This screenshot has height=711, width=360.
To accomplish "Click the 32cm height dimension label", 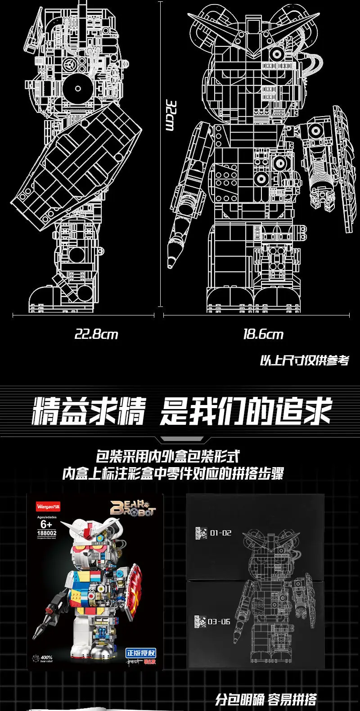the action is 170,115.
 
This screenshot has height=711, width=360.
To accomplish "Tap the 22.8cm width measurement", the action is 96,334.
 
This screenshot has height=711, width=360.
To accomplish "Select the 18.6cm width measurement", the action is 263,334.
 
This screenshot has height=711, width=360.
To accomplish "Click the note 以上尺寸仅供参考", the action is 304,361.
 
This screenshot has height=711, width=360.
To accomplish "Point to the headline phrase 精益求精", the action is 89,411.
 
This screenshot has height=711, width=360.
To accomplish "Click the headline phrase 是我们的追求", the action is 246,411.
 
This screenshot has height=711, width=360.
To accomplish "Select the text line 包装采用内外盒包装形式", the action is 167,457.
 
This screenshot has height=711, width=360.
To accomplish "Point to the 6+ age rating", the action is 46,524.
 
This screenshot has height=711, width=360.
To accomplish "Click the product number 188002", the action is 46,533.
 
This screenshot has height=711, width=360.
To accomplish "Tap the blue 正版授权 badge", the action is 141,652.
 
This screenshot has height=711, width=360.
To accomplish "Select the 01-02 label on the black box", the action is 220,533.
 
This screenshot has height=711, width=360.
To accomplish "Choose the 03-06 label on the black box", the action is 219,621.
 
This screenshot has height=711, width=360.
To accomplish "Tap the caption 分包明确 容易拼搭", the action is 265,700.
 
